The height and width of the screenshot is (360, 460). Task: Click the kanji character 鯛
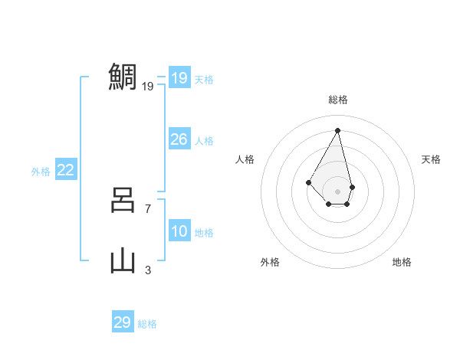[x=123, y=77]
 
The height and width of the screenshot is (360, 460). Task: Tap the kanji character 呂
[x=123, y=201]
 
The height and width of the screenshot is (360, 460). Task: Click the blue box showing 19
[x=179, y=77]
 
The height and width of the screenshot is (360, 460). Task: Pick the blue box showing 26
[x=179, y=139]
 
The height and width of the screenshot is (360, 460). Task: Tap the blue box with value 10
[x=179, y=231]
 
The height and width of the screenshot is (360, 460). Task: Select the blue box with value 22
[x=66, y=171]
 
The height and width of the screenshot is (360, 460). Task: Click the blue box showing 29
[x=123, y=322]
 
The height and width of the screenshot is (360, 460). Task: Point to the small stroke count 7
[x=148, y=208]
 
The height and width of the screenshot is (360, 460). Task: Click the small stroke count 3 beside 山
[x=148, y=270]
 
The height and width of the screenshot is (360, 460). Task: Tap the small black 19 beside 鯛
[x=148, y=87]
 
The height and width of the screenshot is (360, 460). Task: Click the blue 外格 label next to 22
[x=41, y=172]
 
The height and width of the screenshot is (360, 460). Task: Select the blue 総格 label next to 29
[x=147, y=324]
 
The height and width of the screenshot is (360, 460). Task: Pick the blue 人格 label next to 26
[x=204, y=141]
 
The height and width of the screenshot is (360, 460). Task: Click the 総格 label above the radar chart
[x=338, y=100]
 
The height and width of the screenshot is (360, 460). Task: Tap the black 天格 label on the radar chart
[x=431, y=159]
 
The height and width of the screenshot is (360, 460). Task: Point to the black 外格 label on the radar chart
[x=270, y=262]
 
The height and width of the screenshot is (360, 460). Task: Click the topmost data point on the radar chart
[x=338, y=129]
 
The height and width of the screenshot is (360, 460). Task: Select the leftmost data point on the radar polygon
[x=308, y=182]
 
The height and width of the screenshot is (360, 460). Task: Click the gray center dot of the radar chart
[x=338, y=191]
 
